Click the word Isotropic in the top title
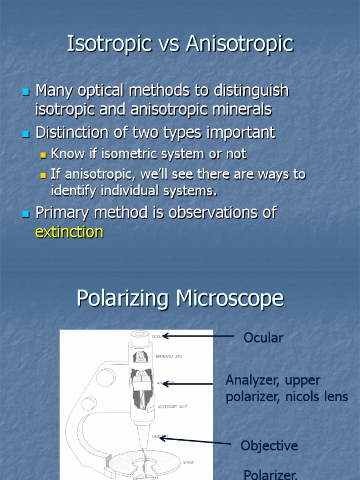click(x=109, y=44)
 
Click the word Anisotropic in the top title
click(x=240, y=44)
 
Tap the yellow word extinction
click(x=69, y=232)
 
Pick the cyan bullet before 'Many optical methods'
click(x=26, y=91)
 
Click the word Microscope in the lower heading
click(x=226, y=298)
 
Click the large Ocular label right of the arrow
click(x=263, y=337)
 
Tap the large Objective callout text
click(x=269, y=445)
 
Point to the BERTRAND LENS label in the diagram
click(x=169, y=356)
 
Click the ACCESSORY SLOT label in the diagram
click(x=172, y=406)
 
